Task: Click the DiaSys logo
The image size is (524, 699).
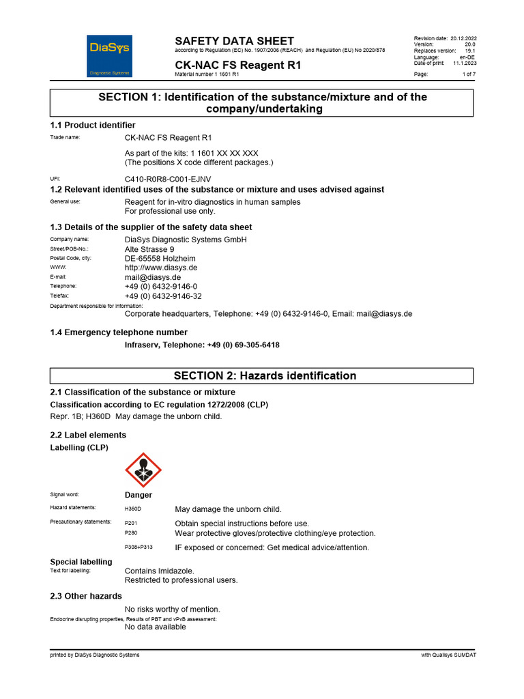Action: pyautogui.click(x=109, y=55)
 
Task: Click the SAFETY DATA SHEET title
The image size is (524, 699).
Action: pyautogui.click(x=234, y=41)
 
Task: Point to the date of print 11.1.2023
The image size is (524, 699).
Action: pyautogui.click(x=465, y=63)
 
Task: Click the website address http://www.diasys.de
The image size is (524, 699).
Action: pyautogui.click(x=161, y=268)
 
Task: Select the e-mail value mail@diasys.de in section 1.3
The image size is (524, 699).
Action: pyautogui.click(x=152, y=278)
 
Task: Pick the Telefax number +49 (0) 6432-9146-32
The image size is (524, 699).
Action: pyautogui.click(x=163, y=296)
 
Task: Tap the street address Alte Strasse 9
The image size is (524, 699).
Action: pyautogui.click(x=149, y=249)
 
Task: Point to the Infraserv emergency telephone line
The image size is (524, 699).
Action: pyautogui.click(x=202, y=345)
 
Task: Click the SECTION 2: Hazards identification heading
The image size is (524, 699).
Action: pyautogui.click(x=265, y=375)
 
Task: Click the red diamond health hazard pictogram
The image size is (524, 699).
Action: pyautogui.click(x=143, y=470)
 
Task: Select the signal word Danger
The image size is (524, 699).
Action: pyautogui.click(x=139, y=495)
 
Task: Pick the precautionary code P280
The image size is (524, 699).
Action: pyautogui.click(x=131, y=533)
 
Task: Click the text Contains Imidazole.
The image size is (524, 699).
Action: pyautogui.click(x=159, y=571)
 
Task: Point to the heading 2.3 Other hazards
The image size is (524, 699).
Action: pyautogui.click(x=86, y=596)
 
